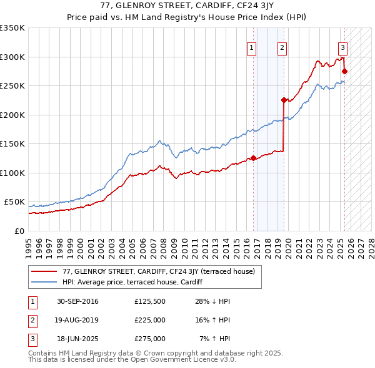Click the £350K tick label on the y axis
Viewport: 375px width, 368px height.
click(x=12, y=28)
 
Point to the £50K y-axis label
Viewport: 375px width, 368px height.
click(x=14, y=202)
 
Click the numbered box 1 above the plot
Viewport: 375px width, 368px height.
click(x=251, y=47)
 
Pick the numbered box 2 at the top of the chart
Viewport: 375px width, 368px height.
click(x=282, y=47)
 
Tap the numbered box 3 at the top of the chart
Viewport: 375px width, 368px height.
click(x=342, y=47)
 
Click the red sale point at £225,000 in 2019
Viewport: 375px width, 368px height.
click(x=284, y=100)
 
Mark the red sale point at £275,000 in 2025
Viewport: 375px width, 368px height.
click(x=344, y=71)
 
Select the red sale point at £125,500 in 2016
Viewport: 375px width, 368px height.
click(x=253, y=158)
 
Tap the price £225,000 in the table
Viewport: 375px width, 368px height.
click(x=149, y=320)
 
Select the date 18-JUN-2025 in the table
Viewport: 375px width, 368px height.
click(x=78, y=339)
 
